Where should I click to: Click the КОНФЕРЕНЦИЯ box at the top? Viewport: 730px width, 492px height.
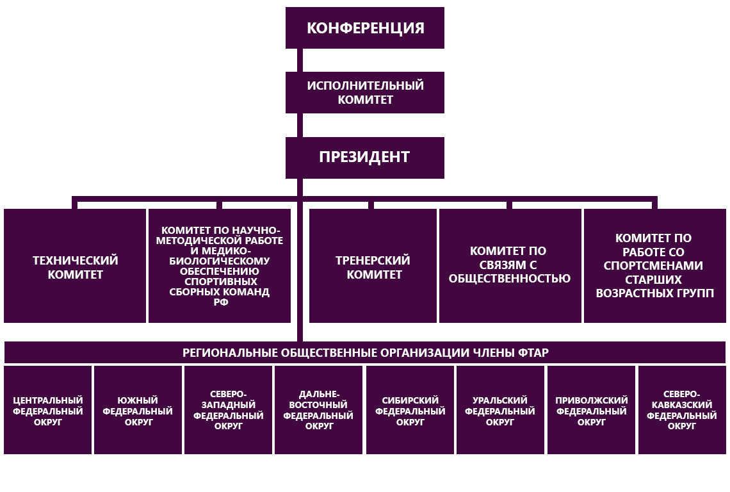(365, 28)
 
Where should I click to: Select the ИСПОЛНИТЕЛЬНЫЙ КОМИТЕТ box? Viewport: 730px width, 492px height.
(365, 92)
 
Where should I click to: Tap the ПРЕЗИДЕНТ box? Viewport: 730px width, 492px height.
(365, 158)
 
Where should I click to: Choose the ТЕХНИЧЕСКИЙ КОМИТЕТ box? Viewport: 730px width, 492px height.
(75, 266)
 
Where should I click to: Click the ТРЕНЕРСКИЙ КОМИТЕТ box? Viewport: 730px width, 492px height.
(373, 266)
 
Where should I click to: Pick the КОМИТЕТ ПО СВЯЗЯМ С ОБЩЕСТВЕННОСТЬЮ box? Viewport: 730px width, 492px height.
(510, 266)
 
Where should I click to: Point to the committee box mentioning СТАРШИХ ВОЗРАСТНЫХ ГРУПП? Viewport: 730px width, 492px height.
(655, 266)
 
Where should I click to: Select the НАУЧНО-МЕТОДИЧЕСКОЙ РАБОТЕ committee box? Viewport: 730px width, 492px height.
(220, 266)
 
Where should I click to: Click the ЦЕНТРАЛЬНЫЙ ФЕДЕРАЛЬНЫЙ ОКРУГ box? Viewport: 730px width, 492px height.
(47, 410)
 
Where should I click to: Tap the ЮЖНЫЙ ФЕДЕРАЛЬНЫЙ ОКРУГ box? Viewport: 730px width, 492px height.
(138, 410)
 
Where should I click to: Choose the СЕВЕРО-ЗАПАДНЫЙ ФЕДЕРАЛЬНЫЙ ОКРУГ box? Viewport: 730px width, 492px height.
(228, 410)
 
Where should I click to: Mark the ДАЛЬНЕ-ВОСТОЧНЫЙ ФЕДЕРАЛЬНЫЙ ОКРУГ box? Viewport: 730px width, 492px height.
(318, 410)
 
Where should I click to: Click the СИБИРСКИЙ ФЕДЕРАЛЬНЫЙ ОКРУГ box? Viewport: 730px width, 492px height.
(410, 410)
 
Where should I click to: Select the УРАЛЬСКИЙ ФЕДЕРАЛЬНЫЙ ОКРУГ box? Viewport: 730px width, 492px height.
(501, 410)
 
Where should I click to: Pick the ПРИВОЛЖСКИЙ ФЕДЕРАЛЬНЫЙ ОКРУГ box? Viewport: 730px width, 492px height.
(591, 410)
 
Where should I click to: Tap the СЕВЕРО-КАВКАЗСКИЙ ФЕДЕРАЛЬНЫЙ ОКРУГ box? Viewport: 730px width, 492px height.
(682, 410)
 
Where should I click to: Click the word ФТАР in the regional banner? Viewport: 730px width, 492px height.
(533, 353)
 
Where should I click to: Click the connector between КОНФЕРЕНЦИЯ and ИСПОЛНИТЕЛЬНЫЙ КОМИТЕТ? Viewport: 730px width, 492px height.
(300, 60)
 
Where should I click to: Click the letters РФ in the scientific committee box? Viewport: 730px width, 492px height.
(221, 302)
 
